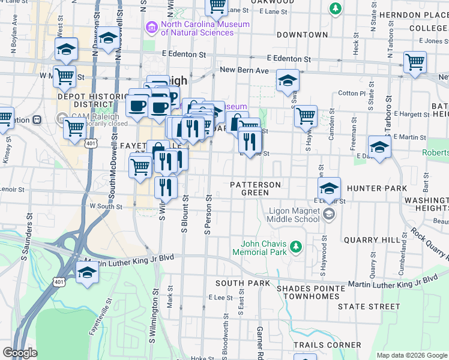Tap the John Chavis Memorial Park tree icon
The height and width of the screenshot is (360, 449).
(x=295, y=247)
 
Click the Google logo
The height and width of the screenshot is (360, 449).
(x=20, y=353)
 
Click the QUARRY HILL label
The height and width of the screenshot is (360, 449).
(x=372, y=240)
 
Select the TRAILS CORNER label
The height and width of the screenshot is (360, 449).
(x=327, y=345)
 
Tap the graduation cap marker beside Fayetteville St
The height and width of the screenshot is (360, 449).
(x=88, y=273)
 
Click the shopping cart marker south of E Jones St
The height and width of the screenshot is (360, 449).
(x=415, y=62)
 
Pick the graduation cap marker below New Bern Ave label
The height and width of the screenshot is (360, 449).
(x=288, y=80)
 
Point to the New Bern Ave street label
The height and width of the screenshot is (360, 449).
(x=244, y=70)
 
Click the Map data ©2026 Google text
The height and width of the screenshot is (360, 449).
(x=411, y=355)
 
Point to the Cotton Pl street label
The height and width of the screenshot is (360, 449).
(x=352, y=94)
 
